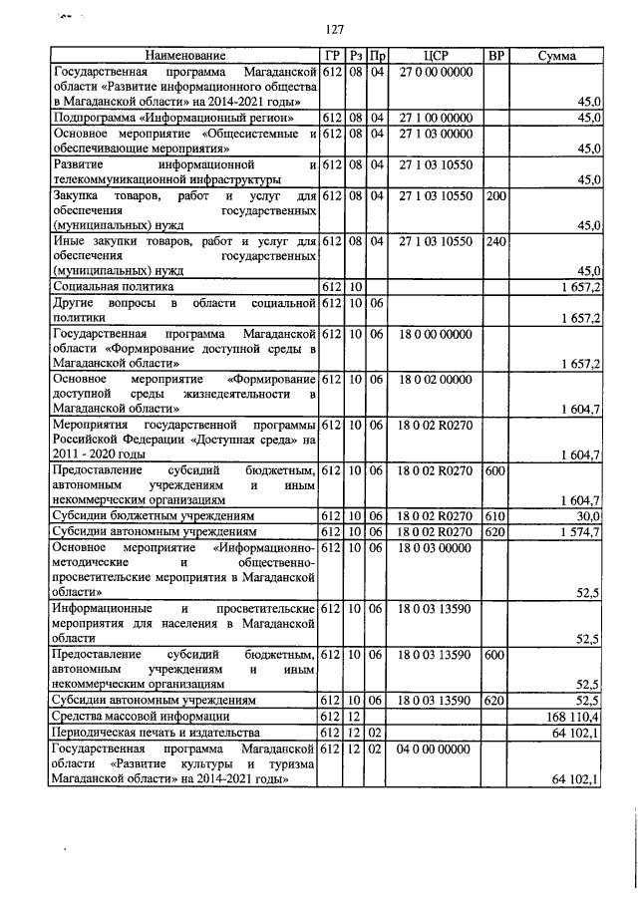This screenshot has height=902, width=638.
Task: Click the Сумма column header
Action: tap(555, 56)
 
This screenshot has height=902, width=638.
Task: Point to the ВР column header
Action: tap(494, 56)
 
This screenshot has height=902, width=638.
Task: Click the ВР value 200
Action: tap(494, 196)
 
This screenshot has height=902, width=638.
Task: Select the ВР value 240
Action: tap(494, 241)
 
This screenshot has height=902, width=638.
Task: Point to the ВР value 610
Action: tap(494, 516)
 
